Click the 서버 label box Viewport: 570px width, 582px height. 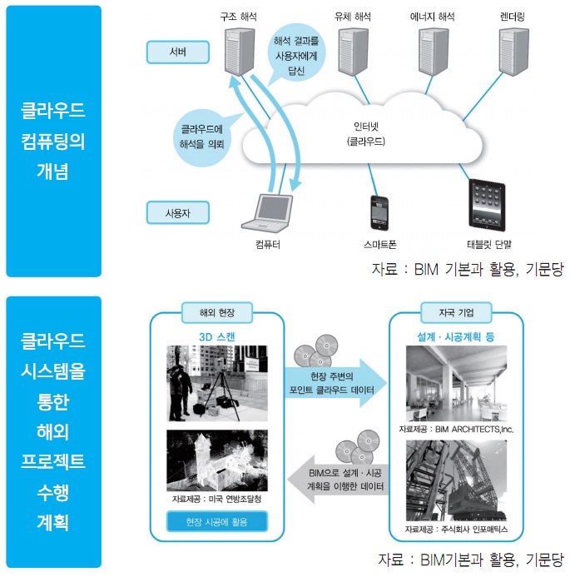pyautogui.click(x=177, y=52)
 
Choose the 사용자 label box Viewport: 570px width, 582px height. pyautogui.click(x=177, y=212)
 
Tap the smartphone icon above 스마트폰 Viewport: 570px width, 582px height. pyautogui.click(x=380, y=212)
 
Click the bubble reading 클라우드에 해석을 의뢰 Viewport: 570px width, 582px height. pyautogui.click(x=202, y=136)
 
